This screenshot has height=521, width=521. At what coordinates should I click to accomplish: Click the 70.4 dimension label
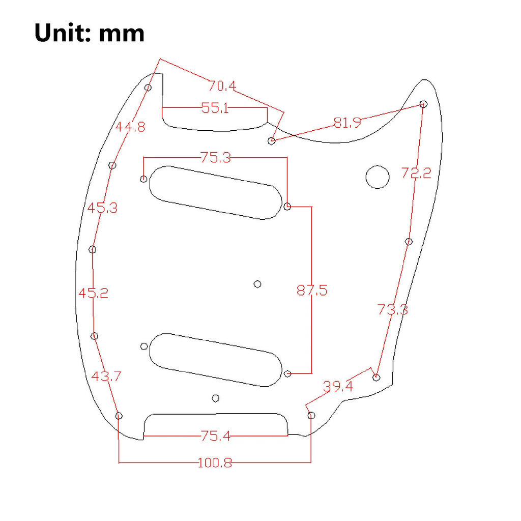pos(222,86)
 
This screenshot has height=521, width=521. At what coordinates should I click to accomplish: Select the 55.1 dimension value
pos(215,108)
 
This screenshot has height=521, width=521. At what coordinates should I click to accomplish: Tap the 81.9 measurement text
pos(347,123)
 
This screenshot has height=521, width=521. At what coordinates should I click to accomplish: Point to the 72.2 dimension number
pos(416,173)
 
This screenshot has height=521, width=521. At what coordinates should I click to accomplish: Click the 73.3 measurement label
pos(392,310)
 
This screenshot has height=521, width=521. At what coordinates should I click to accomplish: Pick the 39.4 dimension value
pos(338,387)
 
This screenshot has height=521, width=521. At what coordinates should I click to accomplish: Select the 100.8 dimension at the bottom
pos(215,463)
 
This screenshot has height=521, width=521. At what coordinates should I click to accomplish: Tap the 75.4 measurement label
pos(215,436)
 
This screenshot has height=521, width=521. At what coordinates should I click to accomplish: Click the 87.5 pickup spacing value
pos(312,291)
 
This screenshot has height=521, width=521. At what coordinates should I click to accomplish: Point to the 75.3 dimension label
pos(216,158)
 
